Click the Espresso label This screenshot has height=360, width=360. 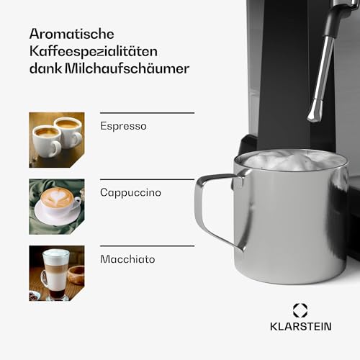123,126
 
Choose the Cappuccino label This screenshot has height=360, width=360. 130,192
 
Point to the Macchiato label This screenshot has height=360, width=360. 127,258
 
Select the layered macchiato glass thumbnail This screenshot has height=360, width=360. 56,274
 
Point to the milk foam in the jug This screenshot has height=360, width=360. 288,160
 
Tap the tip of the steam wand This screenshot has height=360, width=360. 314,115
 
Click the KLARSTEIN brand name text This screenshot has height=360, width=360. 300,326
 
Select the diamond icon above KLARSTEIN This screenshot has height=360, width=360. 300,310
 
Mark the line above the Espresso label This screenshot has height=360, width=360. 147,113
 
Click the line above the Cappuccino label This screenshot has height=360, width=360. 147,179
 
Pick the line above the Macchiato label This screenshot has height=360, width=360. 147,246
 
